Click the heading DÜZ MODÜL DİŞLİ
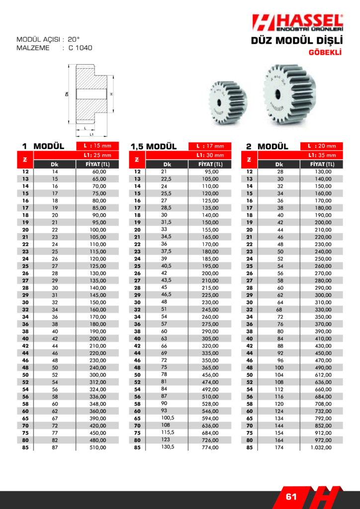click(297, 41)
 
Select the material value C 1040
click(81, 48)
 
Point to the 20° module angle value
click(74, 39)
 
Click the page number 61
click(291, 497)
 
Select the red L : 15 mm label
click(97, 146)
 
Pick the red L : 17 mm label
click(210, 146)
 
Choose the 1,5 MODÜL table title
click(154, 147)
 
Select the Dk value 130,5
click(167, 446)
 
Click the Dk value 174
click(279, 447)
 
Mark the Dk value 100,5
click(167, 418)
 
